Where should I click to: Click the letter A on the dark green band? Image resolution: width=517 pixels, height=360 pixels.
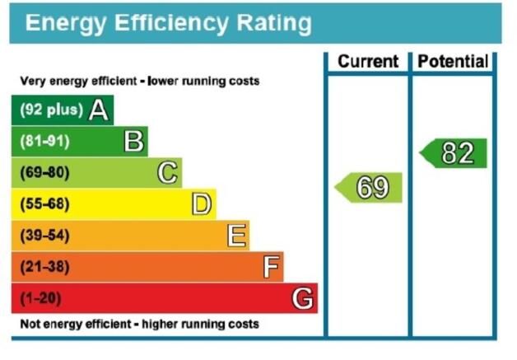pos(98,110)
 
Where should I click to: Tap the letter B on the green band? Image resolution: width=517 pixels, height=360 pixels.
pos(134,141)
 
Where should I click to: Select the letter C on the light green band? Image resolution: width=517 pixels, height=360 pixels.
pos(167,172)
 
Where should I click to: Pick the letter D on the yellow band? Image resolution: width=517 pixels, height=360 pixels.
pos(202,204)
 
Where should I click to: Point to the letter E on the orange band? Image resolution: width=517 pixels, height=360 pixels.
pos(237,236)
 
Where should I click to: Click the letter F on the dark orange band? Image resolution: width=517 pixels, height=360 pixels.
pos(271,267)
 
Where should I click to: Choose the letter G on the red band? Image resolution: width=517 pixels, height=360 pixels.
pos(302,298)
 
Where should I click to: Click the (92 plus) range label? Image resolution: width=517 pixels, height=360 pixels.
pos(51,110)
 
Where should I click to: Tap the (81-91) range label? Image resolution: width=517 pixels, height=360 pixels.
pos(44,141)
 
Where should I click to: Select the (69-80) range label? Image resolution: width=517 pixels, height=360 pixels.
pos(44,172)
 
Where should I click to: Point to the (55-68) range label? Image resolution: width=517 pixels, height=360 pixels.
pos(44,204)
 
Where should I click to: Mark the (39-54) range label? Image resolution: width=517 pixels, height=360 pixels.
pos(44,236)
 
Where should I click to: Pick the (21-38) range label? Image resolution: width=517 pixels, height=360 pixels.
pos(44,267)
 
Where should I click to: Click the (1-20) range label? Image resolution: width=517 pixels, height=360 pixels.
pos(41,298)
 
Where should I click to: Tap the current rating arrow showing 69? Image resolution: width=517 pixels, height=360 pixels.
pos(368,188)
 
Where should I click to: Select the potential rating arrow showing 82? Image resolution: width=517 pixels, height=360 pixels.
pos(453,153)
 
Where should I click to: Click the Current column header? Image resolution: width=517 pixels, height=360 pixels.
pos(368,62)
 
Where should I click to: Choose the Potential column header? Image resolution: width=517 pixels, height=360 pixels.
pos(453,62)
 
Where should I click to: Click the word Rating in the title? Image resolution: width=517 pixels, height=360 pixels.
pos(274,24)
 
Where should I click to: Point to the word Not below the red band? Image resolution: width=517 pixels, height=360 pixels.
pos(30,324)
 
